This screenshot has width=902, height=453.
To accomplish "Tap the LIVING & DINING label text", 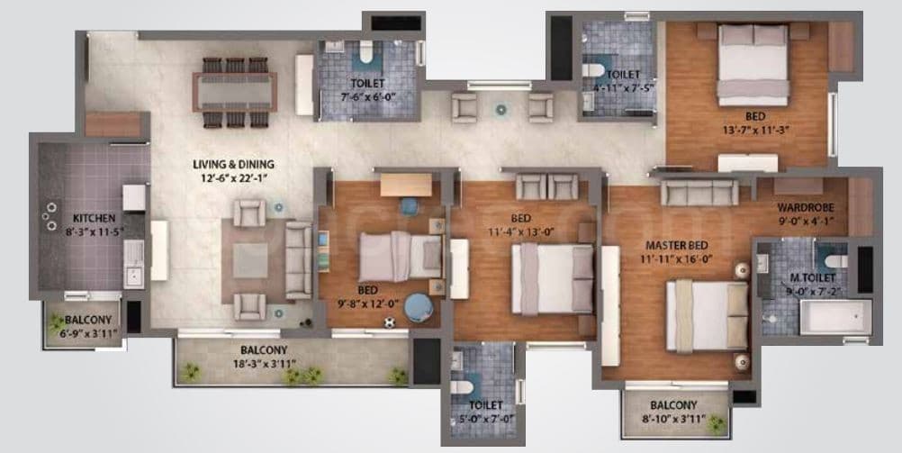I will (232, 165).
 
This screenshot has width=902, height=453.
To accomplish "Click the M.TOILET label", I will (808, 277).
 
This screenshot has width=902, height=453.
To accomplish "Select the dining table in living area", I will (234, 91).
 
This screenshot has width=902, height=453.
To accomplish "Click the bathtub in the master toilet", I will (834, 317).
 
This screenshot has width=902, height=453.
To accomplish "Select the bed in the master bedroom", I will (707, 316).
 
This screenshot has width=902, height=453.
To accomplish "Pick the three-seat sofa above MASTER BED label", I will (699, 191).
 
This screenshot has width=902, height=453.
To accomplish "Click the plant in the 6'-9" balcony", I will (58, 321).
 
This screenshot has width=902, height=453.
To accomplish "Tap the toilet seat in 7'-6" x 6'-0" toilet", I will (365, 57).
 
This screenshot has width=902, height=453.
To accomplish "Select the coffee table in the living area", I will (249, 260).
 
